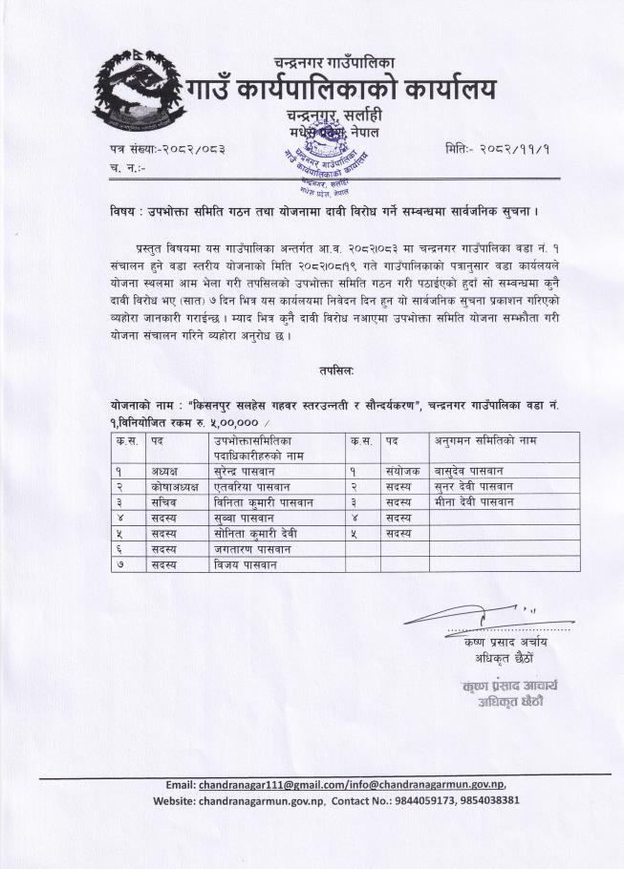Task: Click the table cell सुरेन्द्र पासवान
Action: pos(251,470)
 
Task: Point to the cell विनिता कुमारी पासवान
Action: pos(263,501)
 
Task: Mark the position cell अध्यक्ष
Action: pos(164,470)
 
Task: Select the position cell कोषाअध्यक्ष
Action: pos(172,486)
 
